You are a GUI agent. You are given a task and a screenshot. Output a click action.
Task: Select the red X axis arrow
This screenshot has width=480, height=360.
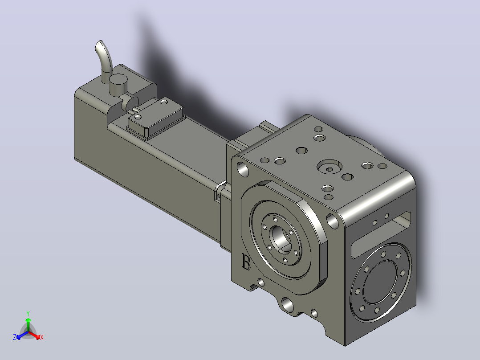point(35,335)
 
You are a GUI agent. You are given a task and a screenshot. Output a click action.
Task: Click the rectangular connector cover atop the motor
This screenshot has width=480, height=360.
point(156,118)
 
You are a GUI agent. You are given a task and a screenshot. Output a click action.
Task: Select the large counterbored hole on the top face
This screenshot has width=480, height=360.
point(329,168)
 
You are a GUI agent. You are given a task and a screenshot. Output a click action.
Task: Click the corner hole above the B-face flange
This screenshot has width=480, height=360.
point(243,169)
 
